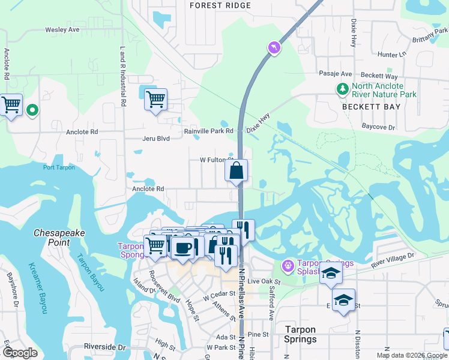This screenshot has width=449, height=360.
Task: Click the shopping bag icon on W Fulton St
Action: coord(237,170)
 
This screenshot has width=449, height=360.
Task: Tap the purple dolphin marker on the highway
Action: coord(274,47)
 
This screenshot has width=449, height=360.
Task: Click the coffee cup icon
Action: coord(184,247)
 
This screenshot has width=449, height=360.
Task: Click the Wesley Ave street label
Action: coord(62,29)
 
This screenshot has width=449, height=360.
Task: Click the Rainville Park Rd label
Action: coord(209,131)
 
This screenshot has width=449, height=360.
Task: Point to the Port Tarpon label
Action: coord(59,167)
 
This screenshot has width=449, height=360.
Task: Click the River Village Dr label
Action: coord(393,259)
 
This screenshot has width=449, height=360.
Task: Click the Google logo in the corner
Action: coord(20,353)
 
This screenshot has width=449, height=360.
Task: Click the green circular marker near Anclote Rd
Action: coord(32,110)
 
